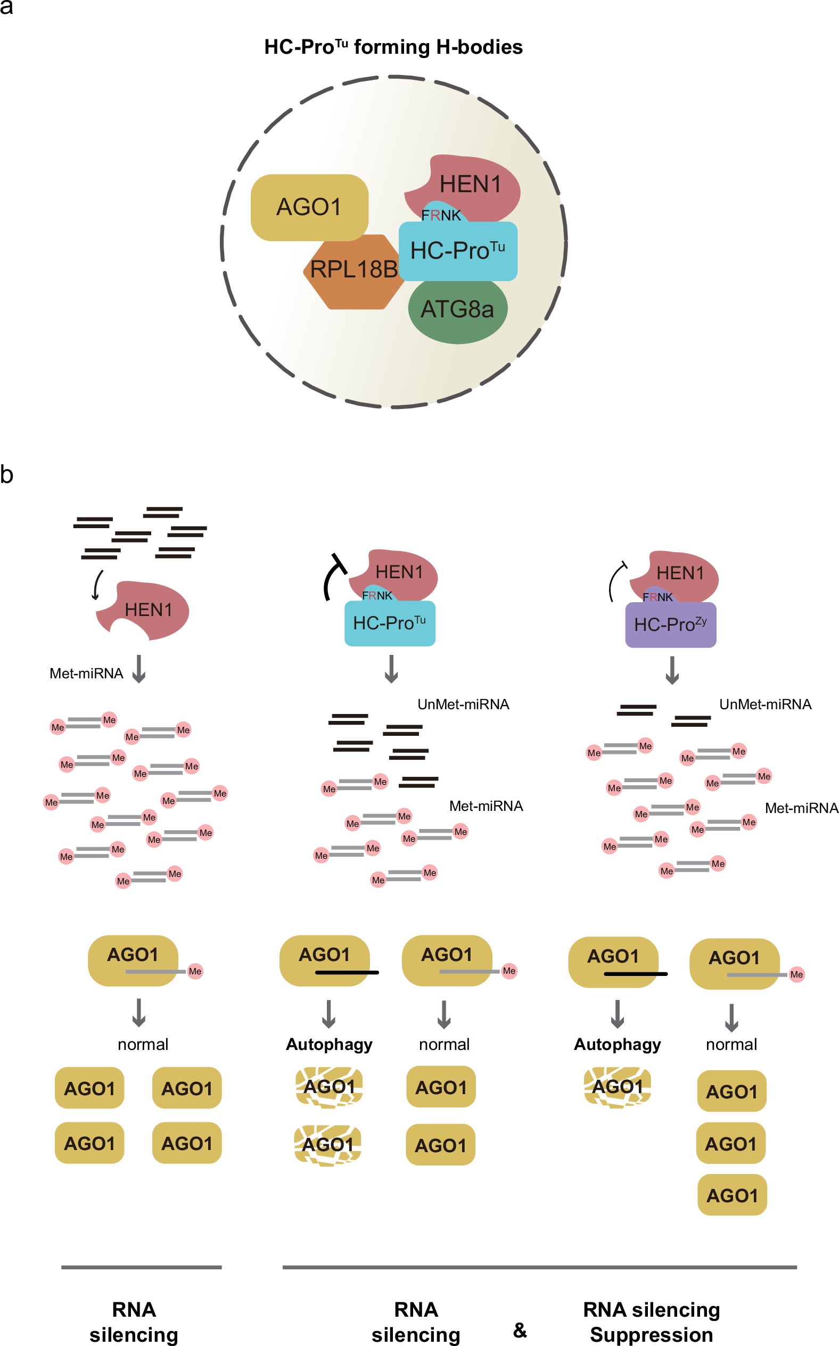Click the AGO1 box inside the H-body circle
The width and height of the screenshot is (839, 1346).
point(309,207)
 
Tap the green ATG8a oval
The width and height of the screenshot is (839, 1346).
point(457,311)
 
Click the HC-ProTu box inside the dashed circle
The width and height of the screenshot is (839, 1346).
point(458,251)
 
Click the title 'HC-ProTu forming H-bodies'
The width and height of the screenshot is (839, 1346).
point(393,47)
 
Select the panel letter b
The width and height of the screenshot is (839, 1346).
point(7,475)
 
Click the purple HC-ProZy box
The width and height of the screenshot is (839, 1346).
point(670,625)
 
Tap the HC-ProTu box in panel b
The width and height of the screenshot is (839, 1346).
point(390,623)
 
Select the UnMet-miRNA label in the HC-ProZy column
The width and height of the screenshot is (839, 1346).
point(764,704)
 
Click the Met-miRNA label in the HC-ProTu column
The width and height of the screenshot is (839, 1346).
point(486,806)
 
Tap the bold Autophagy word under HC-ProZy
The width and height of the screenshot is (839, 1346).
point(617,1044)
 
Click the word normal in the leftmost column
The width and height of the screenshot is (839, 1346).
point(143,1044)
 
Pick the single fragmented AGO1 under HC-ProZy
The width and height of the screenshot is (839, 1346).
point(617,1087)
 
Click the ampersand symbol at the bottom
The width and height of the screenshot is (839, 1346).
point(520,1329)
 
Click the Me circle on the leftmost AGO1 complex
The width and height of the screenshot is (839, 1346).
point(195,971)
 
